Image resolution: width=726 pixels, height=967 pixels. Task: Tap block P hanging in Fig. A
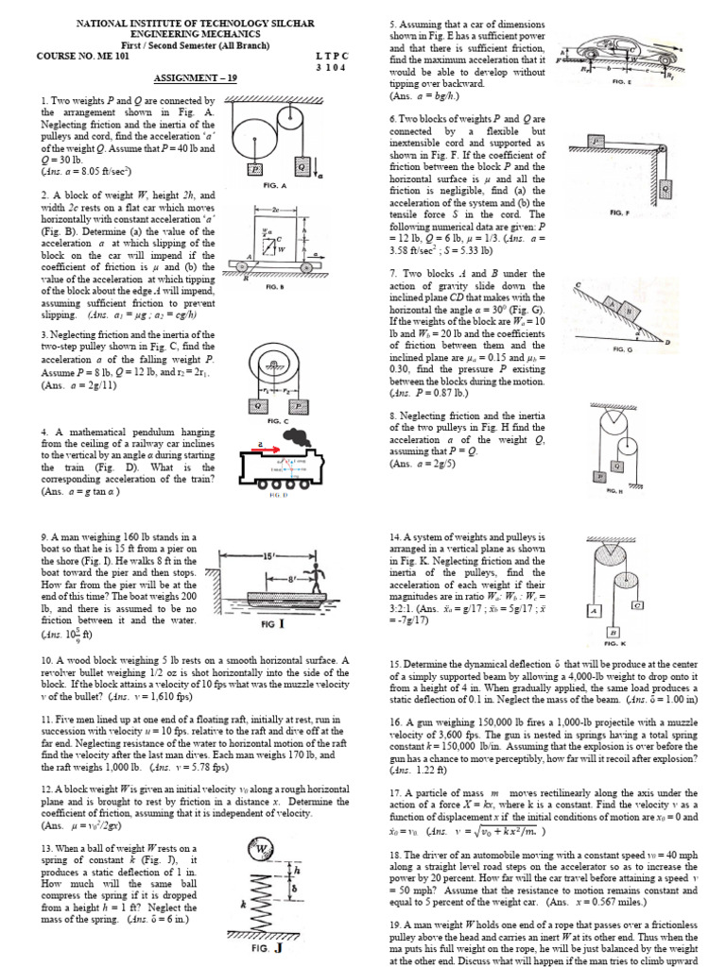point(256,167)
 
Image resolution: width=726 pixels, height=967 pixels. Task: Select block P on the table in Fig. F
point(596,142)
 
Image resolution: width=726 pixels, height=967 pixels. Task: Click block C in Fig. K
point(639,603)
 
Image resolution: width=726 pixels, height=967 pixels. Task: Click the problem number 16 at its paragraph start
point(397,720)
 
